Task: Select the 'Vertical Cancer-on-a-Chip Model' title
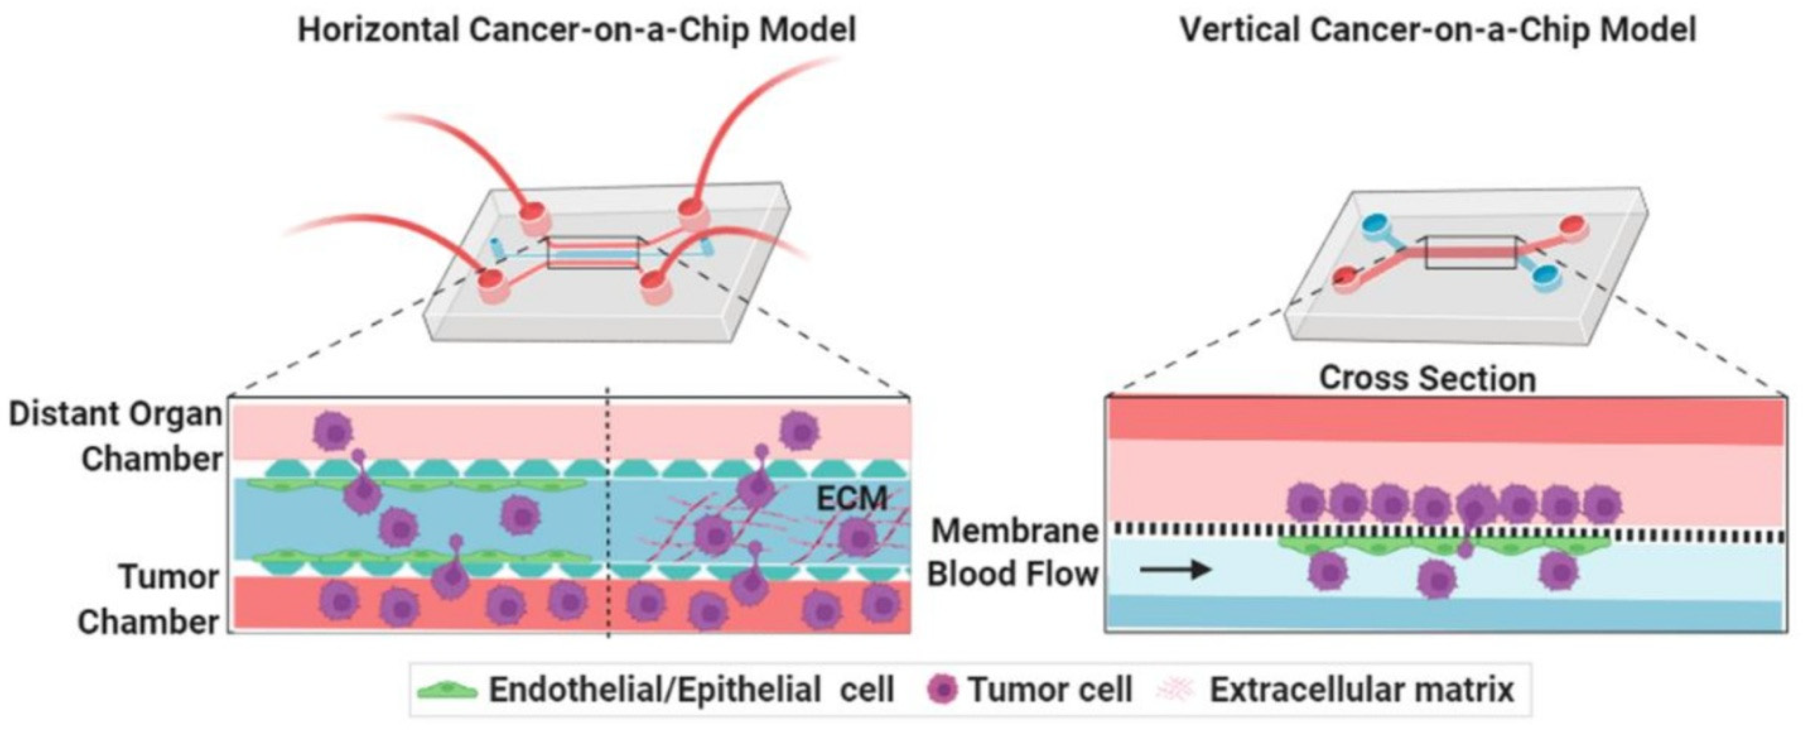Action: tap(1437, 31)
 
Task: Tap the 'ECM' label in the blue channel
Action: tap(852, 499)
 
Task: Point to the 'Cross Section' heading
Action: tap(1428, 379)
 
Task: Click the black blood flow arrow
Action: tap(1176, 570)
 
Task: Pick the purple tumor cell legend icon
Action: tap(942, 690)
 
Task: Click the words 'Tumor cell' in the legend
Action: tap(1050, 690)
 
